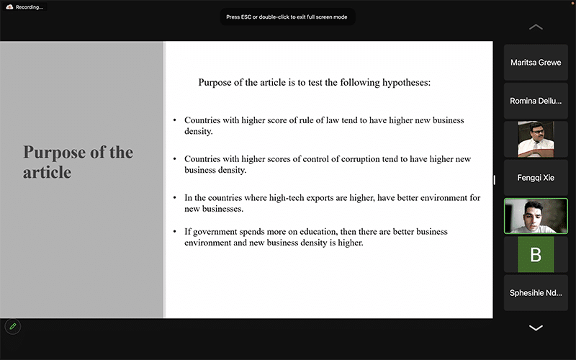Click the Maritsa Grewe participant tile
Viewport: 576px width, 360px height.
536,63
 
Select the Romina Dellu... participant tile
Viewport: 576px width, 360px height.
536,101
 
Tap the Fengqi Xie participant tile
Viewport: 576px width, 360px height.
536,176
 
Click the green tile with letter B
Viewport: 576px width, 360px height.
536,254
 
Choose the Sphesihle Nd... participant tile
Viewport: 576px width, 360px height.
536,293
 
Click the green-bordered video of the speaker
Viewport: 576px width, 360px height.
536,215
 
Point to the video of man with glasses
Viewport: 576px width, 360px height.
536,139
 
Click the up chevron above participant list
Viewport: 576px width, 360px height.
536,27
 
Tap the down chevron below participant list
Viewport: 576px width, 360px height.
536,328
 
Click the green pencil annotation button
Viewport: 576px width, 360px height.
12,326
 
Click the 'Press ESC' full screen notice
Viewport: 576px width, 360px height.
288,17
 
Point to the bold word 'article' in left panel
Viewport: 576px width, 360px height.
47,173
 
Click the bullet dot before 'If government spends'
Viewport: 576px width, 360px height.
174,232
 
